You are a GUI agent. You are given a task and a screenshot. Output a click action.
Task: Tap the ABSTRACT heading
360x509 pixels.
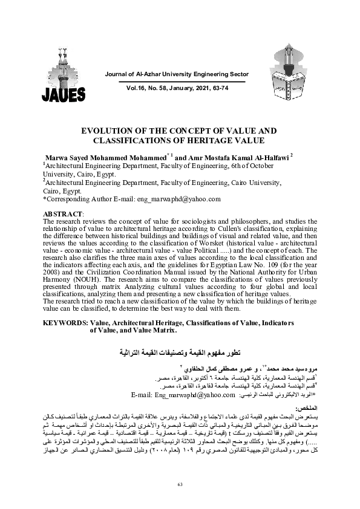[64, 215]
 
